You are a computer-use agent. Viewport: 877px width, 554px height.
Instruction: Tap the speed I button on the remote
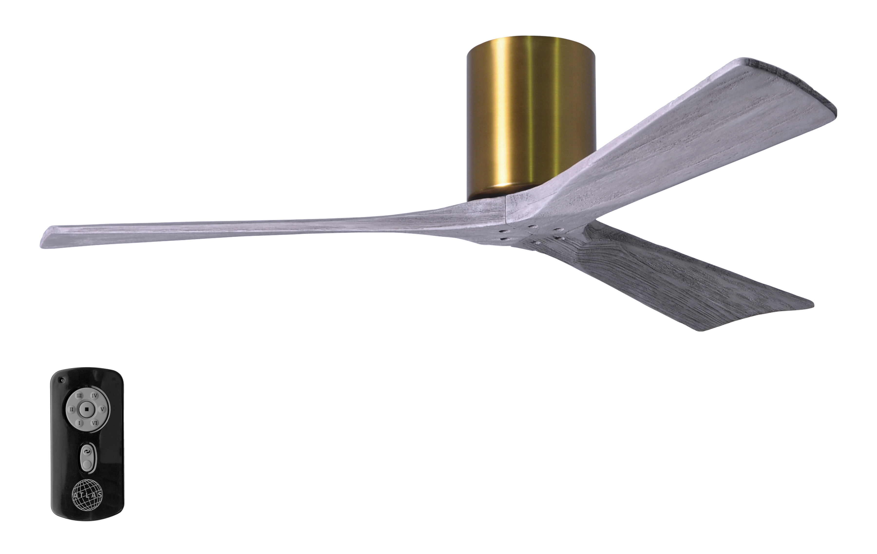click(x=79, y=423)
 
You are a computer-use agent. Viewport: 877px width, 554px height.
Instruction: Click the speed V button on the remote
click(x=102, y=409)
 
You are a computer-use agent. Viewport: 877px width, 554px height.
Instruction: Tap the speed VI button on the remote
click(x=94, y=423)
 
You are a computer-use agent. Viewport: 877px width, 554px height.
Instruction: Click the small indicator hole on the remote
click(x=63, y=381)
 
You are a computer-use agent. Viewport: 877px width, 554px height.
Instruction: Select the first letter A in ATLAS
click(x=75, y=495)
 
